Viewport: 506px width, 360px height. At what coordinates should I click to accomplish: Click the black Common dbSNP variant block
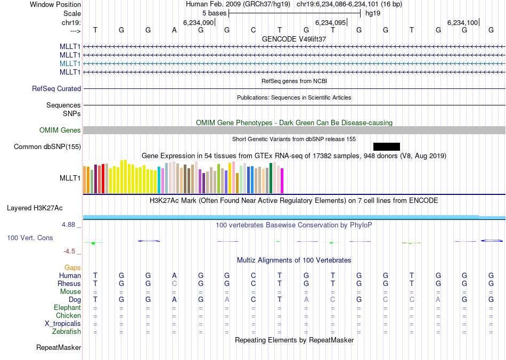pyautogui.click(x=386, y=146)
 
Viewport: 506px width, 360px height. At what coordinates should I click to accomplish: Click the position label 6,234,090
pyautogui.click(x=198, y=22)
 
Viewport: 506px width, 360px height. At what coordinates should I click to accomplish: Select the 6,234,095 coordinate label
pyautogui.click(x=331, y=22)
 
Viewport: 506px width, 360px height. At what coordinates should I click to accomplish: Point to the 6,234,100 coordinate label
pyautogui.click(x=463, y=22)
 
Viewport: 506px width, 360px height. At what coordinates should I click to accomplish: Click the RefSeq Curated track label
pyautogui.click(x=56, y=89)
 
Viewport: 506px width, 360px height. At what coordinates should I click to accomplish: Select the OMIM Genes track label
pyautogui.click(x=60, y=130)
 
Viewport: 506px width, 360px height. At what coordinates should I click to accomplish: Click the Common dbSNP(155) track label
pyautogui.click(x=47, y=146)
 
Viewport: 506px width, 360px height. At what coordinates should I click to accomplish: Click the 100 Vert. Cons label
pyautogui.click(x=30, y=238)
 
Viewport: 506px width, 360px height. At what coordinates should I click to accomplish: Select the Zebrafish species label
pyautogui.click(x=67, y=331)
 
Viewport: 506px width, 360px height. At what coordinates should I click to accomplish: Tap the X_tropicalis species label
pyautogui.click(x=63, y=323)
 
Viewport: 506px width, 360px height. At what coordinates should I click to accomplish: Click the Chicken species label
pyautogui.click(x=68, y=315)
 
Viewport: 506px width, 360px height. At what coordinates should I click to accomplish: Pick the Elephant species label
pyautogui.click(x=67, y=307)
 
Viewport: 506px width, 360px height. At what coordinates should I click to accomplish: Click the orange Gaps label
pyautogui.click(x=72, y=267)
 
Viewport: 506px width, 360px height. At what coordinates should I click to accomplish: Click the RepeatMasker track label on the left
pyautogui.click(x=59, y=348)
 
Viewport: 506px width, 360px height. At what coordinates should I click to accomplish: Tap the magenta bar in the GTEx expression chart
pyautogui.click(x=282, y=181)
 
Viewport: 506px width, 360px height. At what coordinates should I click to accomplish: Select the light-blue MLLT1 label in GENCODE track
pyautogui.click(x=70, y=63)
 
